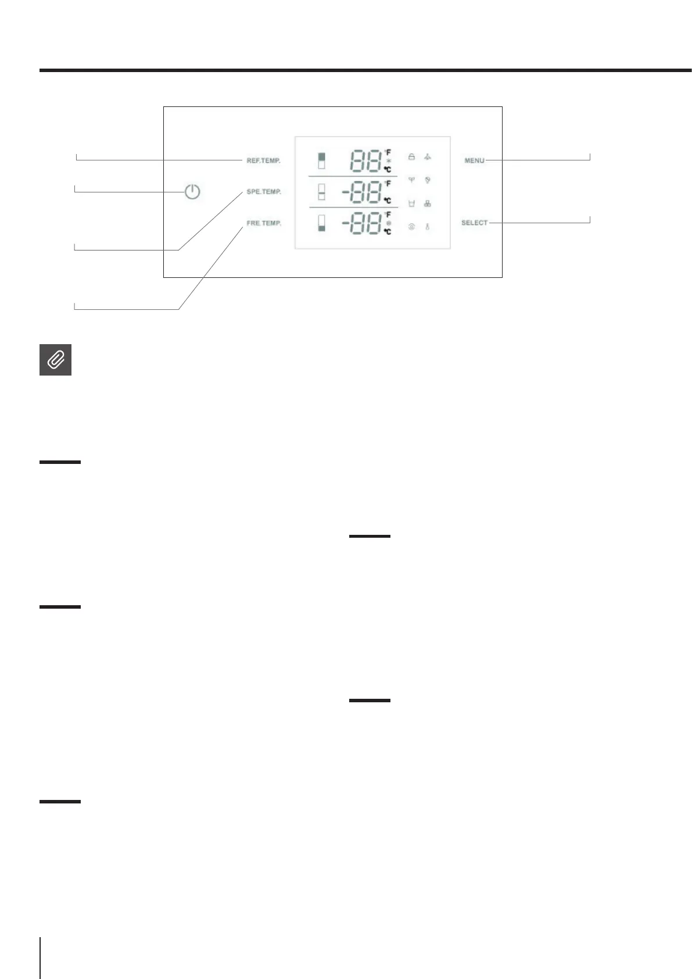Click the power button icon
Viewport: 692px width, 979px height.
(192, 192)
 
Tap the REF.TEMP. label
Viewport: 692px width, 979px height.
(263, 160)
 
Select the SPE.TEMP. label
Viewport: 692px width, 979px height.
(263, 192)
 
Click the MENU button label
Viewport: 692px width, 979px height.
(474, 160)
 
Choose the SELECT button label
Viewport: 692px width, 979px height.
(474, 223)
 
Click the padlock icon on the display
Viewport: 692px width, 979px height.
(411, 157)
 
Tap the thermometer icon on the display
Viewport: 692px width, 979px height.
(427, 227)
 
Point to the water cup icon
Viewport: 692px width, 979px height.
(411, 203)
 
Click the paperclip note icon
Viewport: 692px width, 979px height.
(55, 360)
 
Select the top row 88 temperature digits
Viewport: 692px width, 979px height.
(365, 161)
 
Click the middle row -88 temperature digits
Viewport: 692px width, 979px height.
(361, 192)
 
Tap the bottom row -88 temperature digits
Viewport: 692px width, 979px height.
(361, 224)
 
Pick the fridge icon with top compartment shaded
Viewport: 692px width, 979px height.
(321, 161)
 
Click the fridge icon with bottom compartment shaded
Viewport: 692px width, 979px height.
(321, 223)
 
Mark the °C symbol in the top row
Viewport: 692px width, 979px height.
(387, 169)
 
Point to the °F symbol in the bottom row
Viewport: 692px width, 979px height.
(388, 215)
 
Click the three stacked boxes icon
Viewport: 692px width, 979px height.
(427, 203)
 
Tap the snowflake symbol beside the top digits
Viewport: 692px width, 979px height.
(388, 161)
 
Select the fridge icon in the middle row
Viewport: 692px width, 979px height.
(321, 192)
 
